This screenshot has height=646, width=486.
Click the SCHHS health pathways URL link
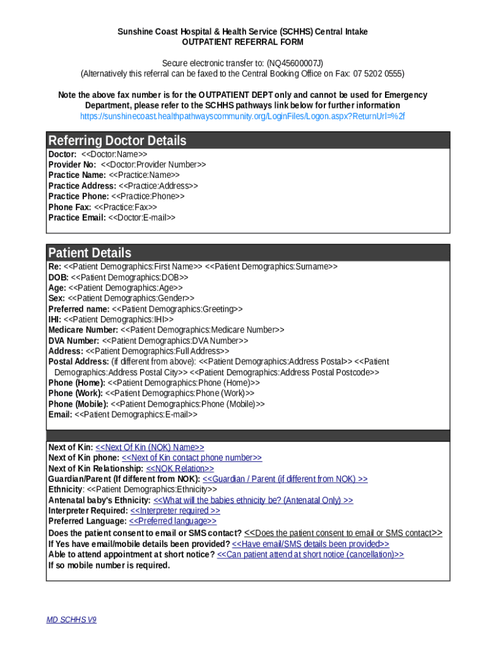[242, 116]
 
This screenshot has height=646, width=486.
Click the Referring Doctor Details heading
[117, 140]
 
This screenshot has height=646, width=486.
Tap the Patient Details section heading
[90, 253]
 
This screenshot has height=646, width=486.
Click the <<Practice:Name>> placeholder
[144, 175]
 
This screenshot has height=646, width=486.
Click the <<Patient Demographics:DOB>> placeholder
[129, 277]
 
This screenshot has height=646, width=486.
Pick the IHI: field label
[55, 319]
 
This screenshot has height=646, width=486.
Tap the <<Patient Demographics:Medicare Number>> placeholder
[202, 330]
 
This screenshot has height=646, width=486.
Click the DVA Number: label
[74, 341]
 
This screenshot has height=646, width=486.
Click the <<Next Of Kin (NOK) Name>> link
[150, 447]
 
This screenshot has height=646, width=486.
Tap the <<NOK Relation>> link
[180, 469]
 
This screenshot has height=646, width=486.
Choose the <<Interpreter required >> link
[175, 510]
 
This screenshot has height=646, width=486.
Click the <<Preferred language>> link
[172, 521]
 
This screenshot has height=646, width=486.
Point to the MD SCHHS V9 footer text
[71, 620]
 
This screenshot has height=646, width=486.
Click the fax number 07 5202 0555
[377, 73]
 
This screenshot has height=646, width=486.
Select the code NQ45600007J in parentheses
[295, 63]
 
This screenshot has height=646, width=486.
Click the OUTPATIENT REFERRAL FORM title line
[242, 42]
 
